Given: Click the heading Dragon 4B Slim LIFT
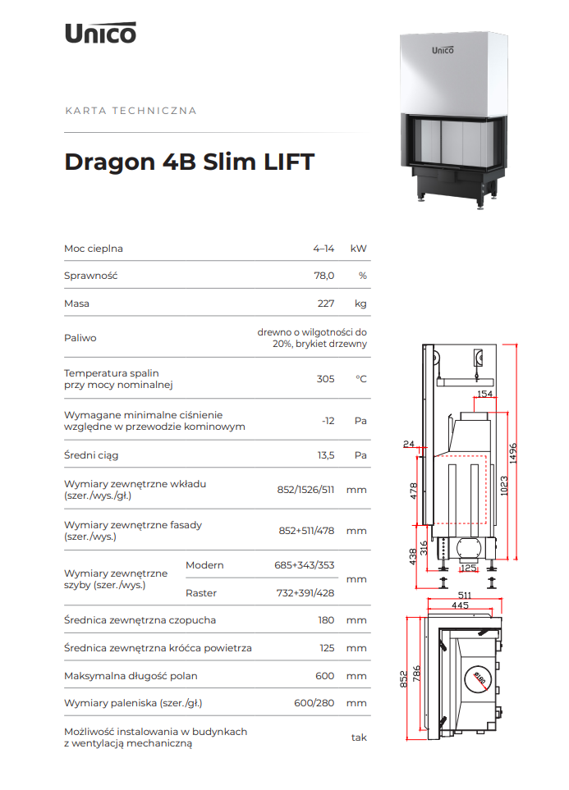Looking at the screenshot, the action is pos(189,162).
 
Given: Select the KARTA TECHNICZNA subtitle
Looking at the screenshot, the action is pos(131,111).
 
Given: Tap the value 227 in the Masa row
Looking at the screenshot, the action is pos(326,304).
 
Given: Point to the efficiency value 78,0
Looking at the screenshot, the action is pos(324,276).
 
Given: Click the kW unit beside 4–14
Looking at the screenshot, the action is pos(358,249).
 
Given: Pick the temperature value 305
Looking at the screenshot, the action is pos(325,379).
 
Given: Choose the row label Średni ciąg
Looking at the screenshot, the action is pos(91,455).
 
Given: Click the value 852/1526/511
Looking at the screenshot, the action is pos(305,490).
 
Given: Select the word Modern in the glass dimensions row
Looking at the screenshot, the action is pos(204,565).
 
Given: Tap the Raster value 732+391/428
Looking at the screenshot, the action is pos(305,593).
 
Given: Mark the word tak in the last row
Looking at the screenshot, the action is pos(359,737).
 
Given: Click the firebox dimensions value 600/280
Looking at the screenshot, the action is pos(314,703).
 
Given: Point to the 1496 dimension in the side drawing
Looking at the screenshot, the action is pos(512,453).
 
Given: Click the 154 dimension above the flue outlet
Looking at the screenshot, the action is pos(484,394).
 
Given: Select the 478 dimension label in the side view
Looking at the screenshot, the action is pos(414,491).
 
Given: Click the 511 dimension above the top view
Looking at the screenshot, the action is pos(465,596).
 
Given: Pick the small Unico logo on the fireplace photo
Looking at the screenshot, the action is pos(443,50).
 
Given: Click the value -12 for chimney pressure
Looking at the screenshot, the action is pos(328,421).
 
